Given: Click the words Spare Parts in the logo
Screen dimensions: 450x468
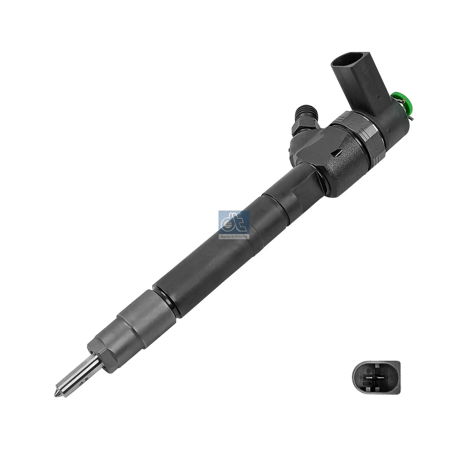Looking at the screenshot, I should point(234,236).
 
